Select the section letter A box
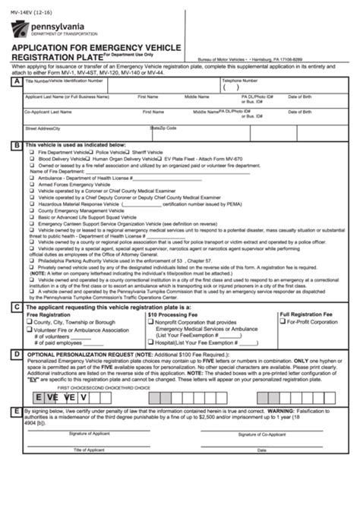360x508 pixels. (x=17, y=81)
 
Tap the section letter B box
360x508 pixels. (x=17, y=144)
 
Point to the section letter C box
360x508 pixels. (x=17, y=307)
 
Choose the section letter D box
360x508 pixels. (x=17, y=354)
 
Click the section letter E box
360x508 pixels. (x=17, y=411)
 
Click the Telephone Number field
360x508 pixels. (x=251, y=87)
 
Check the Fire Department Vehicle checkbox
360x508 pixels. (x=31, y=152)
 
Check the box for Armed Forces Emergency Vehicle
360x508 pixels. (x=31, y=185)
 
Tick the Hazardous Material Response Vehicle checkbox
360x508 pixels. (x=31, y=204)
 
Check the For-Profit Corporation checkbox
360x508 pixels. (x=283, y=322)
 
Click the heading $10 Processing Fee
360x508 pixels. (x=173, y=314)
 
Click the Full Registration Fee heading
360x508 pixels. (x=306, y=314)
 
